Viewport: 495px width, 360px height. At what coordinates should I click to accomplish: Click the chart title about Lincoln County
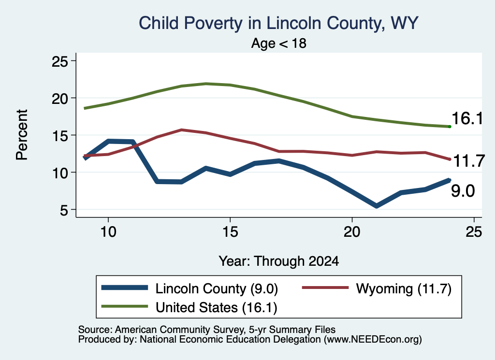(x=278, y=23)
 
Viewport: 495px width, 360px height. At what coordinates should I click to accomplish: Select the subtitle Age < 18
(x=279, y=43)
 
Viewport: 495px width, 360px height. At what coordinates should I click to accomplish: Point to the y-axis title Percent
(x=22, y=135)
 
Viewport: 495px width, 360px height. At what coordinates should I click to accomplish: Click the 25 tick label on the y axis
(x=60, y=61)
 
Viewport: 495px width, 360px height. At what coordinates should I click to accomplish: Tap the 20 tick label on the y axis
(x=60, y=99)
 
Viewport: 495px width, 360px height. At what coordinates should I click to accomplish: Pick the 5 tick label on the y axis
(x=64, y=210)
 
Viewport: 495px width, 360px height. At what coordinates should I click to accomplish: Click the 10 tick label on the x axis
(x=108, y=232)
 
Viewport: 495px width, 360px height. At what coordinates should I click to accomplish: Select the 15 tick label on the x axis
(x=230, y=232)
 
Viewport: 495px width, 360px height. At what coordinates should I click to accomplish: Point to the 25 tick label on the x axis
(x=474, y=232)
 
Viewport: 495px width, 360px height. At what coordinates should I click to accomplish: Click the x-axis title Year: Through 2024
(x=279, y=261)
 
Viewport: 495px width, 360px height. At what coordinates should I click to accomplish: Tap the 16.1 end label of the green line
(x=467, y=119)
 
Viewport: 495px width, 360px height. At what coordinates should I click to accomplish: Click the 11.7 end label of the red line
(x=469, y=161)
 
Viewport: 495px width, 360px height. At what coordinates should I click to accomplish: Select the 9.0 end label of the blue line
(x=463, y=191)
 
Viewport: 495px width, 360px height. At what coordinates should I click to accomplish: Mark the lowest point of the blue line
(x=376, y=206)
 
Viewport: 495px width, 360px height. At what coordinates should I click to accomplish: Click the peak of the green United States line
(x=206, y=84)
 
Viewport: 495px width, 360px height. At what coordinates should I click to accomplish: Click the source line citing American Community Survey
(x=207, y=330)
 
